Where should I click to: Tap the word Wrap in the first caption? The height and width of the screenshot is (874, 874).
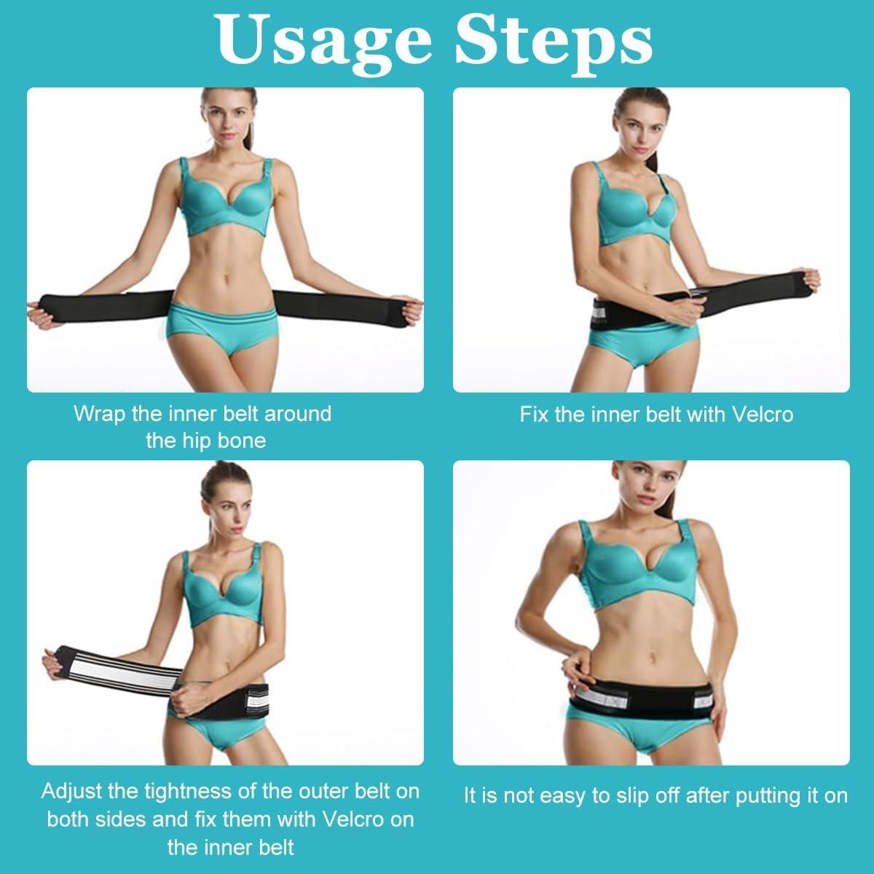(x=99, y=414)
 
